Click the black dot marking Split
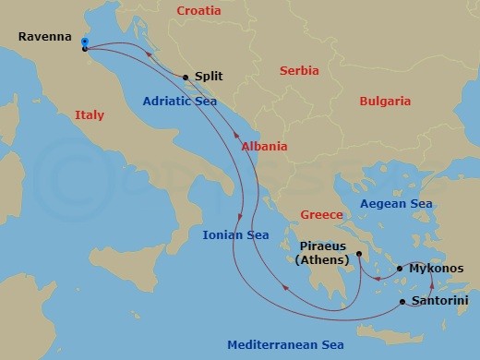coord(186,78)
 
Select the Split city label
coord(209,78)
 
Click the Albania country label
coord(264,146)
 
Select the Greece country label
coord(322,215)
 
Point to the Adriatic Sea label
coord(180,102)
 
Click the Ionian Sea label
coord(235,234)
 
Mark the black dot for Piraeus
coord(358,248)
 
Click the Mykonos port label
coord(431,269)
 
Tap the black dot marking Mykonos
coord(400,269)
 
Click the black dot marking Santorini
coord(402,302)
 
